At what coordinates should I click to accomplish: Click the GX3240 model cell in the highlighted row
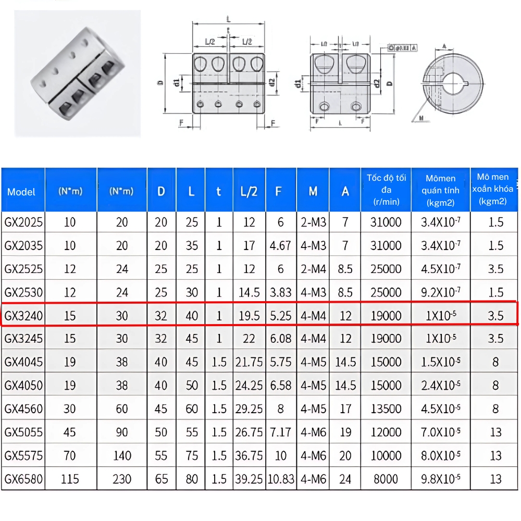(23, 316)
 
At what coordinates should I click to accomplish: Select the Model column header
(22, 192)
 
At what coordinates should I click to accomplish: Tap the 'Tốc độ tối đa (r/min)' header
(386, 190)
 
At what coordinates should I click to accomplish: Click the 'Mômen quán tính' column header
(441, 190)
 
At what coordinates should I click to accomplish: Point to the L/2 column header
(250, 192)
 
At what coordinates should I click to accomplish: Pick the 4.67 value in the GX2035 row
(280, 245)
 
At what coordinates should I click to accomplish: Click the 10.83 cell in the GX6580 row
(281, 479)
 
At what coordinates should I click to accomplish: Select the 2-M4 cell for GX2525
(313, 269)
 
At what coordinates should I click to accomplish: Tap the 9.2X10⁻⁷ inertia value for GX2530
(441, 292)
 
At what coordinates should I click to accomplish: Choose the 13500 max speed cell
(386, 409)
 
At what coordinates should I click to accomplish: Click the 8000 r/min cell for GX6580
(386, 479)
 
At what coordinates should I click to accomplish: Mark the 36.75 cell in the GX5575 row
(250, 456)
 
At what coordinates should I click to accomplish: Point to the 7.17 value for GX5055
(280, 432)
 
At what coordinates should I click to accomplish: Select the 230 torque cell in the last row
(122, 479)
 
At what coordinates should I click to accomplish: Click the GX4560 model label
(23, 409)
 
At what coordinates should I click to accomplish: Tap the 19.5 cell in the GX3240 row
(250, 316)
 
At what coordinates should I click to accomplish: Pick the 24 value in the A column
(345, 479)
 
